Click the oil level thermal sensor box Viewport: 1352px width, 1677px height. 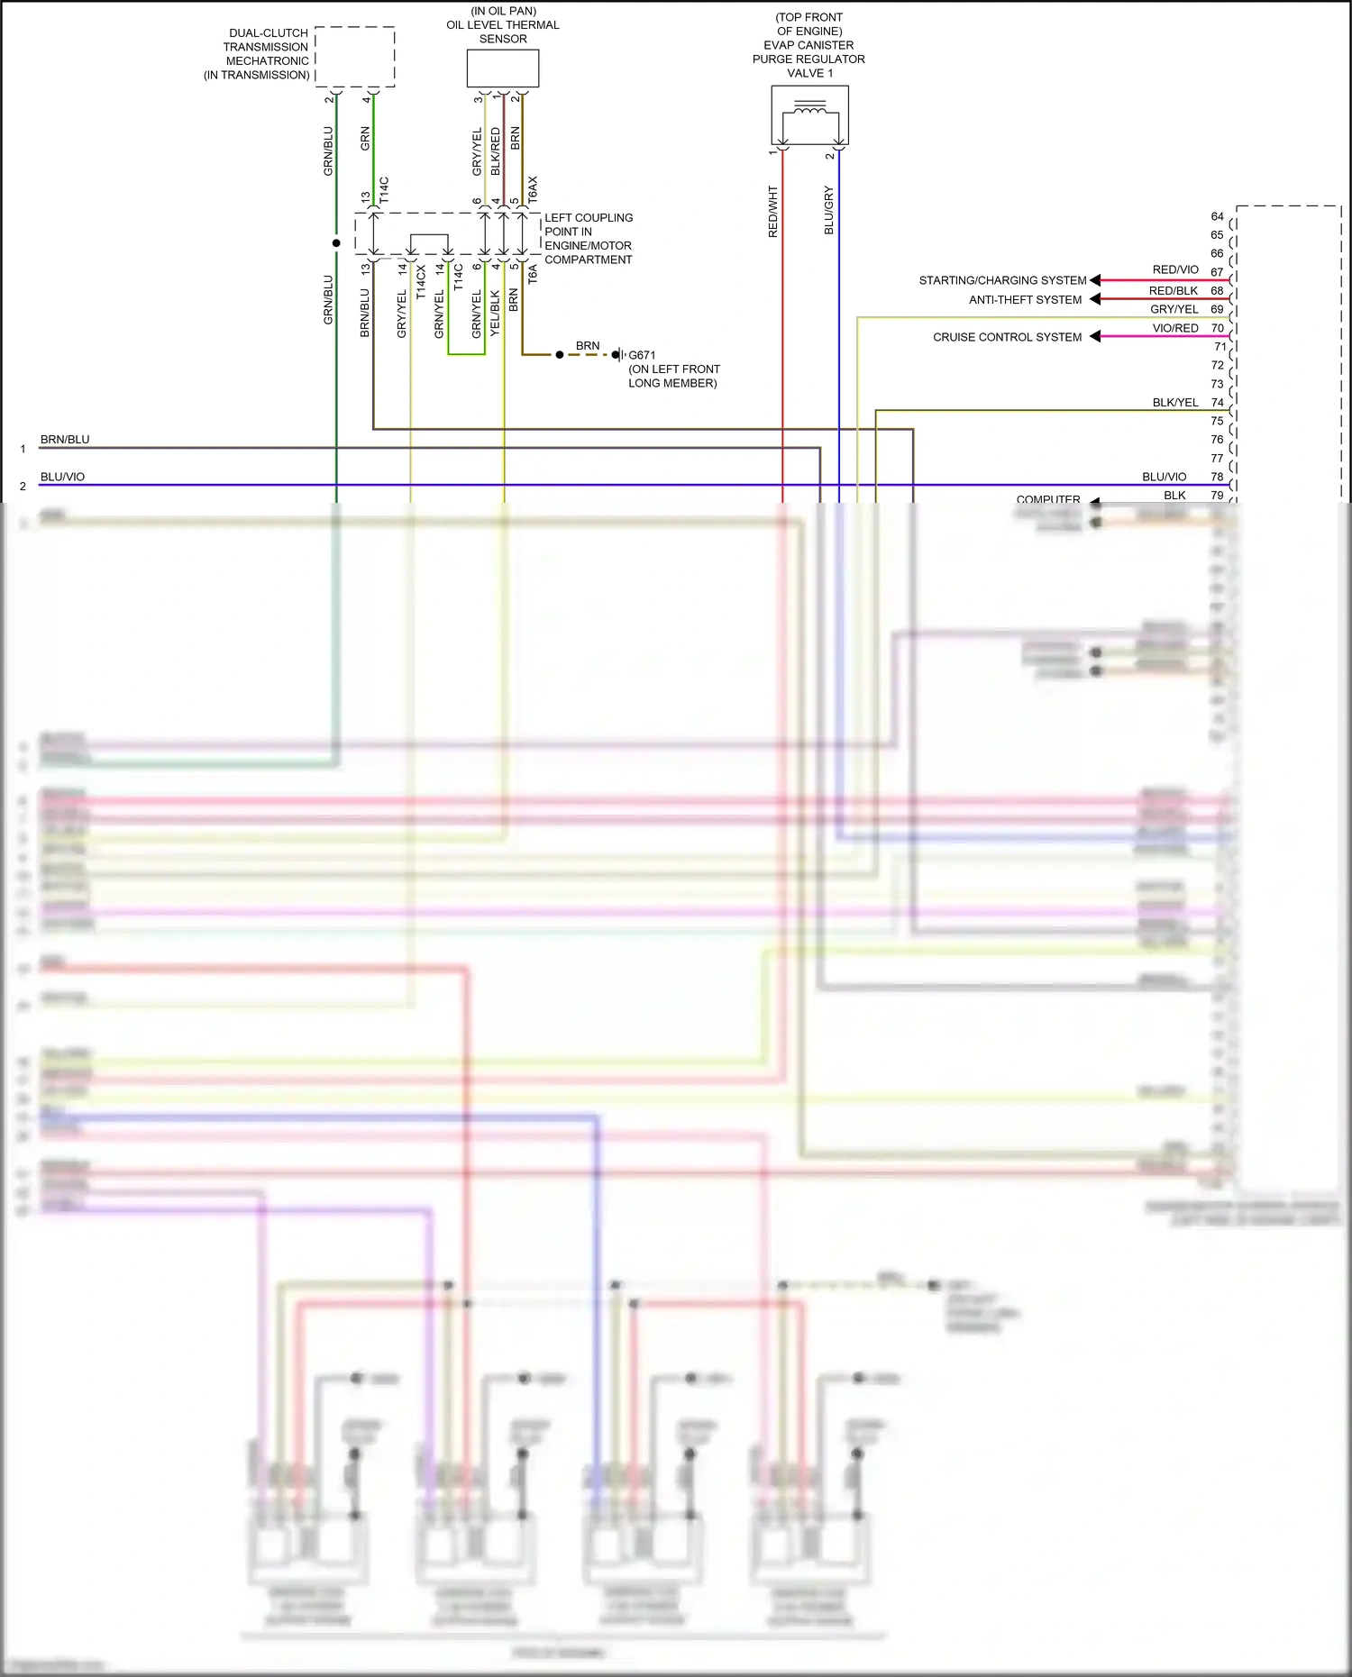click(x=503, y=68)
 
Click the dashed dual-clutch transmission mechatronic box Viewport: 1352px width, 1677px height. click(x=355, y=57)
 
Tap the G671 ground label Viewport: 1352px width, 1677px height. click(x=642, y=355)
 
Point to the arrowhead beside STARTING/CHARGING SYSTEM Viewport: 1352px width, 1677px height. click(x=1095, y=280)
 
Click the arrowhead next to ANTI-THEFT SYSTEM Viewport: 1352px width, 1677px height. click(x=1095, y=299)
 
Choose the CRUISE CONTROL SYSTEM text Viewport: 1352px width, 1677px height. click(x=1007, y=337)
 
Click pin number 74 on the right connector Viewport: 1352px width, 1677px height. click(x=1217, y=403)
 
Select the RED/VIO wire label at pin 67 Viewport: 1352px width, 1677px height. click(x=1175, y=269)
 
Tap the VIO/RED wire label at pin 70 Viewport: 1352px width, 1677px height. click(x=1175, y=328)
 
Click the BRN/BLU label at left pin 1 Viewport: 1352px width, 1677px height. click(x=65, y=440)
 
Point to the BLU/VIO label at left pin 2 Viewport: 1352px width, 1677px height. click(x=62, y=477)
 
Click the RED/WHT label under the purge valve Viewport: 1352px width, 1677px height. click(x=772, y=212)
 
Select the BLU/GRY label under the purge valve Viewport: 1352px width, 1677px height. click(x=829, y=211)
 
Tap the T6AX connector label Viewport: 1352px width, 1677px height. click(x=533, y=188)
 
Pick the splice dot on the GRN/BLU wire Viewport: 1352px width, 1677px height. click(x=336, y=243)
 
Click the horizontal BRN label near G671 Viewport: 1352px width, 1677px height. click(x=588, y=346)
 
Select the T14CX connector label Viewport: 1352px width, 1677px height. click(x=421, y=282)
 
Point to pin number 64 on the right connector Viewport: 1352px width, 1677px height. click(x=1217, y=216)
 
